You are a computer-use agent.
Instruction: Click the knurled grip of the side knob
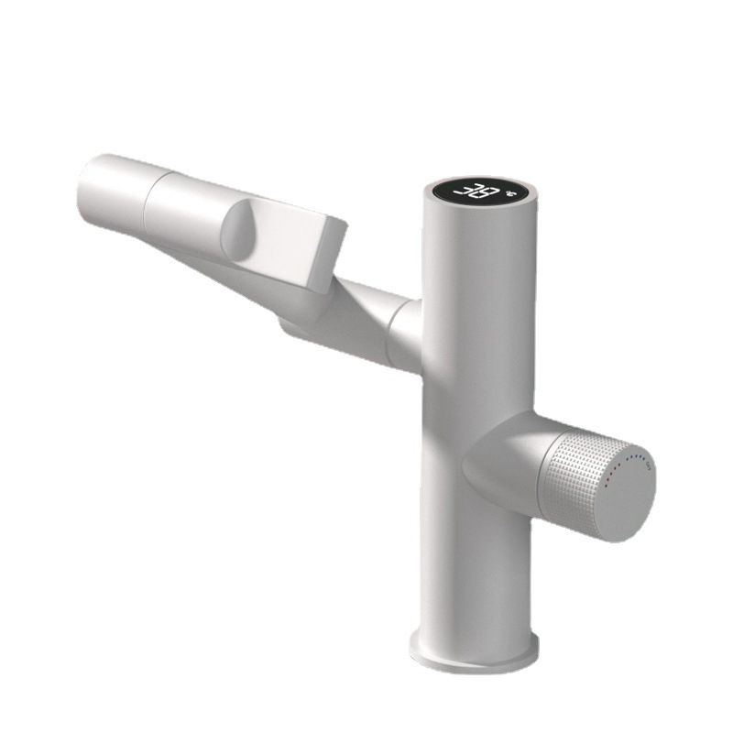point(582,476)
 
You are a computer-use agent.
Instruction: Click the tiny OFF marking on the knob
point(648,467)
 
